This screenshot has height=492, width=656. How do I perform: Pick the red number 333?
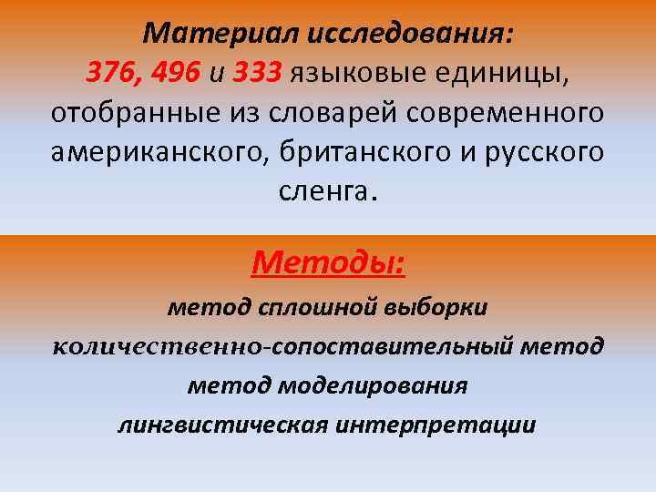point(259,73)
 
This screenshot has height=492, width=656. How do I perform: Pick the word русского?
point(533,152)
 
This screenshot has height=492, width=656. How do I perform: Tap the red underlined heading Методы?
point(328,264)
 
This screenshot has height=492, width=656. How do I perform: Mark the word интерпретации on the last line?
point(436,425)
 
